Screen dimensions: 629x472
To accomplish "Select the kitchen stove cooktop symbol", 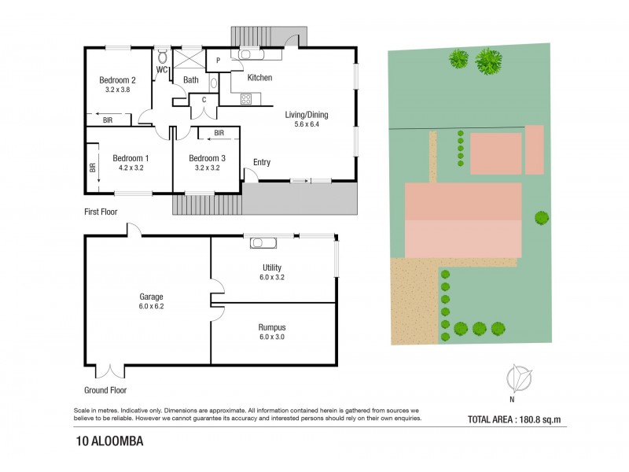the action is pyautogui.click(x=246, y=98).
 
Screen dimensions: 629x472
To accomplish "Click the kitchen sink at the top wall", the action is pyautogui.click(x=246, y=53).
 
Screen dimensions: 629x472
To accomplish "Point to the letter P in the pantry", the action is pyautogui.click(x=219, y=61).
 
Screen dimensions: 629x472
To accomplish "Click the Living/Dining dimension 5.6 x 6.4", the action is pyautogui.click(x=307, y=124).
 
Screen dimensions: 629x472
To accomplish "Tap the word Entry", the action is pyautogui.click(x=262, y=162).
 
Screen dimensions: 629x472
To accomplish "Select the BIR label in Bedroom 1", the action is pyautogui.click(x=93, y=168).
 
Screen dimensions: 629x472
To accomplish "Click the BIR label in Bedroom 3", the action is pyautogui.click(x=219, y=133).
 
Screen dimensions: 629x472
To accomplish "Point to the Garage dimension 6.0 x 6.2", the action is pyautogui.click(x=151, y=306).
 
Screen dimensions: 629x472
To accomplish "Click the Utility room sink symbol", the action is pyautogui.click(x=263, y=243).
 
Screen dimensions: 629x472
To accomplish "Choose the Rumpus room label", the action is pyautogui.click(x=272, y=327).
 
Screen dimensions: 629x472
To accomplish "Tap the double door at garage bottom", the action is pyautogui.click(x=110, y=371).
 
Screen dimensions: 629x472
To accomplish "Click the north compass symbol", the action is pyautogui.click(x=519, y=378).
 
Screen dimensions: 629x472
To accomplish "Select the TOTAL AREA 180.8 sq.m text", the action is pyautogui.click(x=514, y=420).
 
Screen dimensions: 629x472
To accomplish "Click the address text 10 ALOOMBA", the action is pyautogui.click(x=109, y=441).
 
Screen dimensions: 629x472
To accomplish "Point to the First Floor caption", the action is pyautogui.click(x=101, y=212).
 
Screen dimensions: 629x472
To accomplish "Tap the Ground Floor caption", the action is pyautogui.click(x=105, y=390).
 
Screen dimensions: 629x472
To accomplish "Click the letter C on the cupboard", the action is pyautogui.click(x=204, y=100).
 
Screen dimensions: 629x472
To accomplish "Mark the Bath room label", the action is pyautogui.click(x=191, y=80).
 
